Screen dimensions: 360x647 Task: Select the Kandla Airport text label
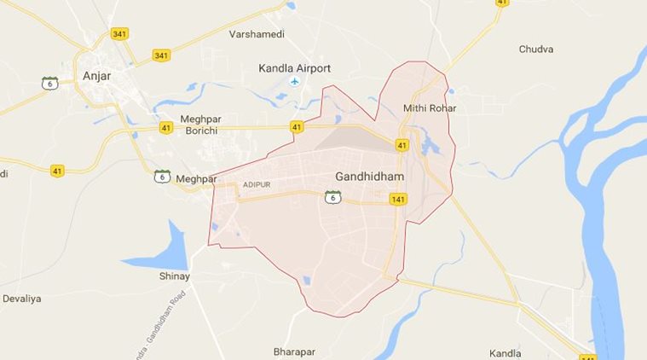295,67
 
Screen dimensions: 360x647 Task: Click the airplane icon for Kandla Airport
295,81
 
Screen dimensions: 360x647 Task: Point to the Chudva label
536,49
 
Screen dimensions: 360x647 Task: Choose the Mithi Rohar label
430,108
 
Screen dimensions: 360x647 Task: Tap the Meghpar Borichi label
199,125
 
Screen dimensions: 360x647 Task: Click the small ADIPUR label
257,184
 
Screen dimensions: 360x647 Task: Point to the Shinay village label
175,277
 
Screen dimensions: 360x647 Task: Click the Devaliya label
20,299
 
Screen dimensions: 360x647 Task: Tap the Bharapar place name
294,351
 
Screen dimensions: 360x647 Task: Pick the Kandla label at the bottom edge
505,352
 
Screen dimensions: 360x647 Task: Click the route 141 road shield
397,199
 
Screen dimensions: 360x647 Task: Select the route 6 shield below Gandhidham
332,198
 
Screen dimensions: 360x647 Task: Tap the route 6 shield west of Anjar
50,84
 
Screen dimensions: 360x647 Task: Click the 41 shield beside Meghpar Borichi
165,129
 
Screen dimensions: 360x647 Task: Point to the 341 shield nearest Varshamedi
161,55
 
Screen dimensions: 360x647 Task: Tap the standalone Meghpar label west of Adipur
195,178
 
